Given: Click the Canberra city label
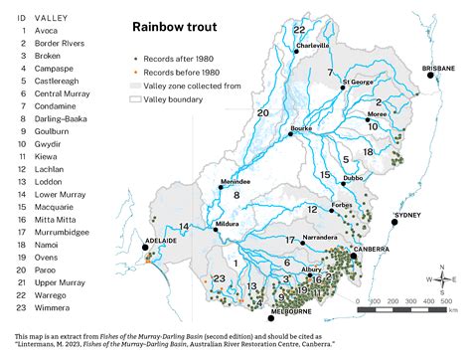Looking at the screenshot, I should coord(375,249).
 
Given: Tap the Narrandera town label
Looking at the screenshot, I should coord(325,240).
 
